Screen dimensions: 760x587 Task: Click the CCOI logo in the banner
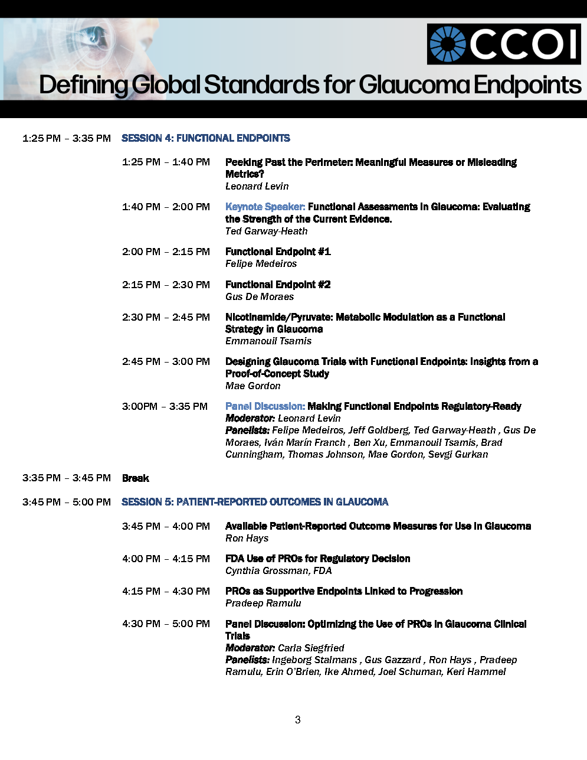[x=504, y=44]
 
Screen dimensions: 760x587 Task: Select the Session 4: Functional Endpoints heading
[x=206, y=138]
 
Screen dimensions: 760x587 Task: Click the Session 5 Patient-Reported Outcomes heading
[x=255, y=502]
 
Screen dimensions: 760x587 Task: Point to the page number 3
[x=298, y=719]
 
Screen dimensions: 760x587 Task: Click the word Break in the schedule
[x=136, y=478]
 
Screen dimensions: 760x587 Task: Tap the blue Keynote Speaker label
[x=265, y=207]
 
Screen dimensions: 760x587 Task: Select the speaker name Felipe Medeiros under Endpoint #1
[x=261, y=264]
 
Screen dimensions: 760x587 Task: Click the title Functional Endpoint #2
[x=278, y=285]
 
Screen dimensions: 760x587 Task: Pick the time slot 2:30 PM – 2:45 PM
[x=166, y=317]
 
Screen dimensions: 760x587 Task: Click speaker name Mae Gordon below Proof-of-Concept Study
[x=252, y=386]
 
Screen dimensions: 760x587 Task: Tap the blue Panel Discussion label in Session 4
[x=265, y=406]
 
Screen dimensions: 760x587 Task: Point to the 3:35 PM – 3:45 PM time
[x=67, y=478]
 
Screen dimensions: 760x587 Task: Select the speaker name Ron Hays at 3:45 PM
[x=247, y=538]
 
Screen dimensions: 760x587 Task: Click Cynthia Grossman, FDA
[x=278, y=570]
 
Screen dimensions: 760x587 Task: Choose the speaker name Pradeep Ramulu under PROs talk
[x=263, y=603]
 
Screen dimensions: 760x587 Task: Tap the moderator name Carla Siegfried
[x=311, y=648]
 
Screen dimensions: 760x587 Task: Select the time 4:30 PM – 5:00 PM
[x=166, y=624]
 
